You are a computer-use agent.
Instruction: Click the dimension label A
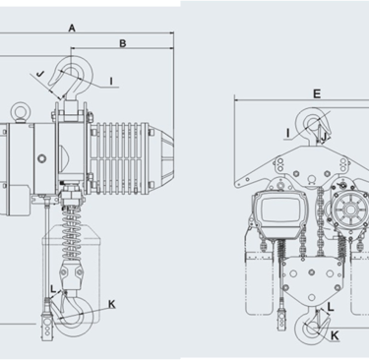pyautogui.click(x=72, y=29)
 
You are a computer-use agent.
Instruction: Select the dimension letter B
pyautogui.click(x=122, y=43)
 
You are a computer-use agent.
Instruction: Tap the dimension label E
pyautogui.click(x=317, y=94)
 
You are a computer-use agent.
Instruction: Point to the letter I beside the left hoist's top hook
pyautogui.click(x=111, y=81)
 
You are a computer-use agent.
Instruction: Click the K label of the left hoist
pyautogui.click(x=112, y=304)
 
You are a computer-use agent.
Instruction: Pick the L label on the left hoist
pyautogui.click(x=53, y=289)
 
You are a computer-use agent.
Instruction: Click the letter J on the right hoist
pyautogui.click(x=324, y=138)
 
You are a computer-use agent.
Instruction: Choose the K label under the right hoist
pyautogui.click(x=335, y=335)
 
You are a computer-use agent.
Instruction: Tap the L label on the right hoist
pyautogui.click(x=331, y=307)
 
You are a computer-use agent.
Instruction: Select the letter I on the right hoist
pyautogui.click(x=288, y=133)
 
